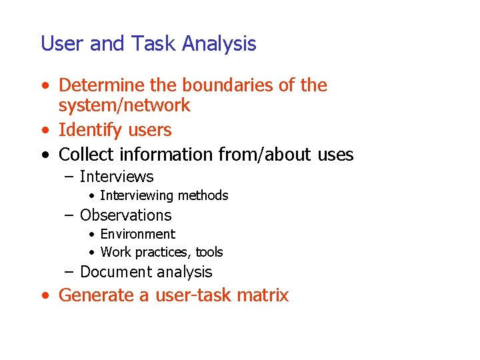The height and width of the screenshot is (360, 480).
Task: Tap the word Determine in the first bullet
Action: tap(102, 85)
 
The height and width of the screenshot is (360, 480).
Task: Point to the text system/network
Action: tap(124, 105)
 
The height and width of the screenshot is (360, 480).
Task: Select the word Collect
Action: tap(86, 155)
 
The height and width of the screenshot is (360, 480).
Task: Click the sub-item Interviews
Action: tap(117, 177)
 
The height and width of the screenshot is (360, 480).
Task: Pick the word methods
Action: tap(205, 195)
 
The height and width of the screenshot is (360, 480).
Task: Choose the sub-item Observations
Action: tap(125, 215)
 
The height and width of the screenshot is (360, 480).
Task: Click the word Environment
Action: tap(137, 234)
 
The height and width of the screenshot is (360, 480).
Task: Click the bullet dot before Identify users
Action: tap(44, 131)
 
